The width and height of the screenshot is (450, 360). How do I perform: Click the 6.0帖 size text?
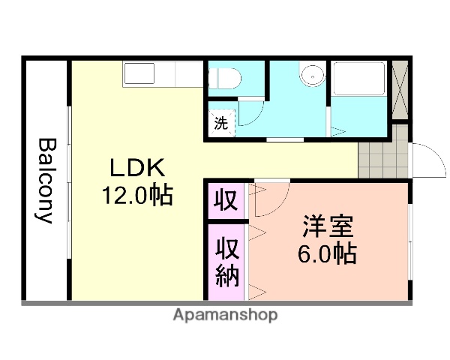click(328, 253)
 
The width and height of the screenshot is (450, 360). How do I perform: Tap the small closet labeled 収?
click(225, 200)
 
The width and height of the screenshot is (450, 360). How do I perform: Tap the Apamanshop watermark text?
click(225, 315)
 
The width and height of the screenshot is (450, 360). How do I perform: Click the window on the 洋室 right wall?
click(410, 241)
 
